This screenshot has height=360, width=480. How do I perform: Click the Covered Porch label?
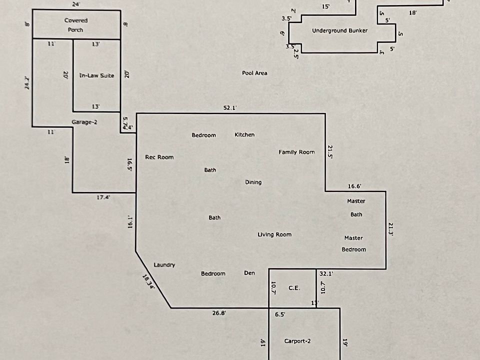point(76,25)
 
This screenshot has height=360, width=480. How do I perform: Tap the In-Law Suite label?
point(97,75)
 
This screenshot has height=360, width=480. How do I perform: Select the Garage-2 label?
point(84,122)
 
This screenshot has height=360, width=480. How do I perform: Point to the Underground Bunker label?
point(339,30)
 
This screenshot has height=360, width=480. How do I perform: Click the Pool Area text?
point(254,73)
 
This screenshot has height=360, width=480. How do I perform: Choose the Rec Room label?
point(159,157)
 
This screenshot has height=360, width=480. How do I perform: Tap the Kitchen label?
point(244,134)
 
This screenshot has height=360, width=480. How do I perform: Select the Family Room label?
point(296,152)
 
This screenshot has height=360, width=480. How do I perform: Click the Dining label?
point(253,182)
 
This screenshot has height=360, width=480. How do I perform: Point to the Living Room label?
point(274,234)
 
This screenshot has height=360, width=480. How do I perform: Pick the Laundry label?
point(164,265)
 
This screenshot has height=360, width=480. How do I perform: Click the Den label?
point(249,272)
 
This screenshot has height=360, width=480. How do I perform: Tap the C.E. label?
point(294,288)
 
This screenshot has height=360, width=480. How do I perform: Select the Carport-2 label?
point(297,341)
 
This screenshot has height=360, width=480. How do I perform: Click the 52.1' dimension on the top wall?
point(229,107)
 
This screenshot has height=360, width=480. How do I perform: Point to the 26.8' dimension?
point(218,313)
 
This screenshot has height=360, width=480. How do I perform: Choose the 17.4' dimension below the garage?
point(103,197)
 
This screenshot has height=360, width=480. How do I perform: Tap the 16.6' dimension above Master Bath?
point(354,186)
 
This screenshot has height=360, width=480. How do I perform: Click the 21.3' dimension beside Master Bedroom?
point(391,228)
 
